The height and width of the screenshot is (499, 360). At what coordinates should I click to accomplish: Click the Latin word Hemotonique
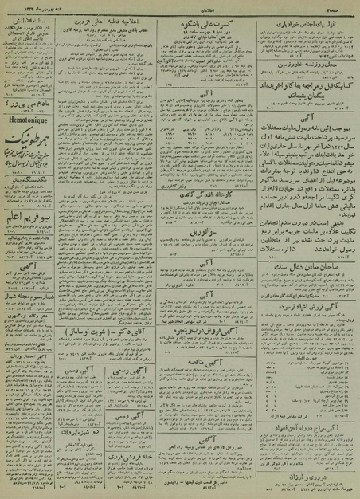32,114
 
